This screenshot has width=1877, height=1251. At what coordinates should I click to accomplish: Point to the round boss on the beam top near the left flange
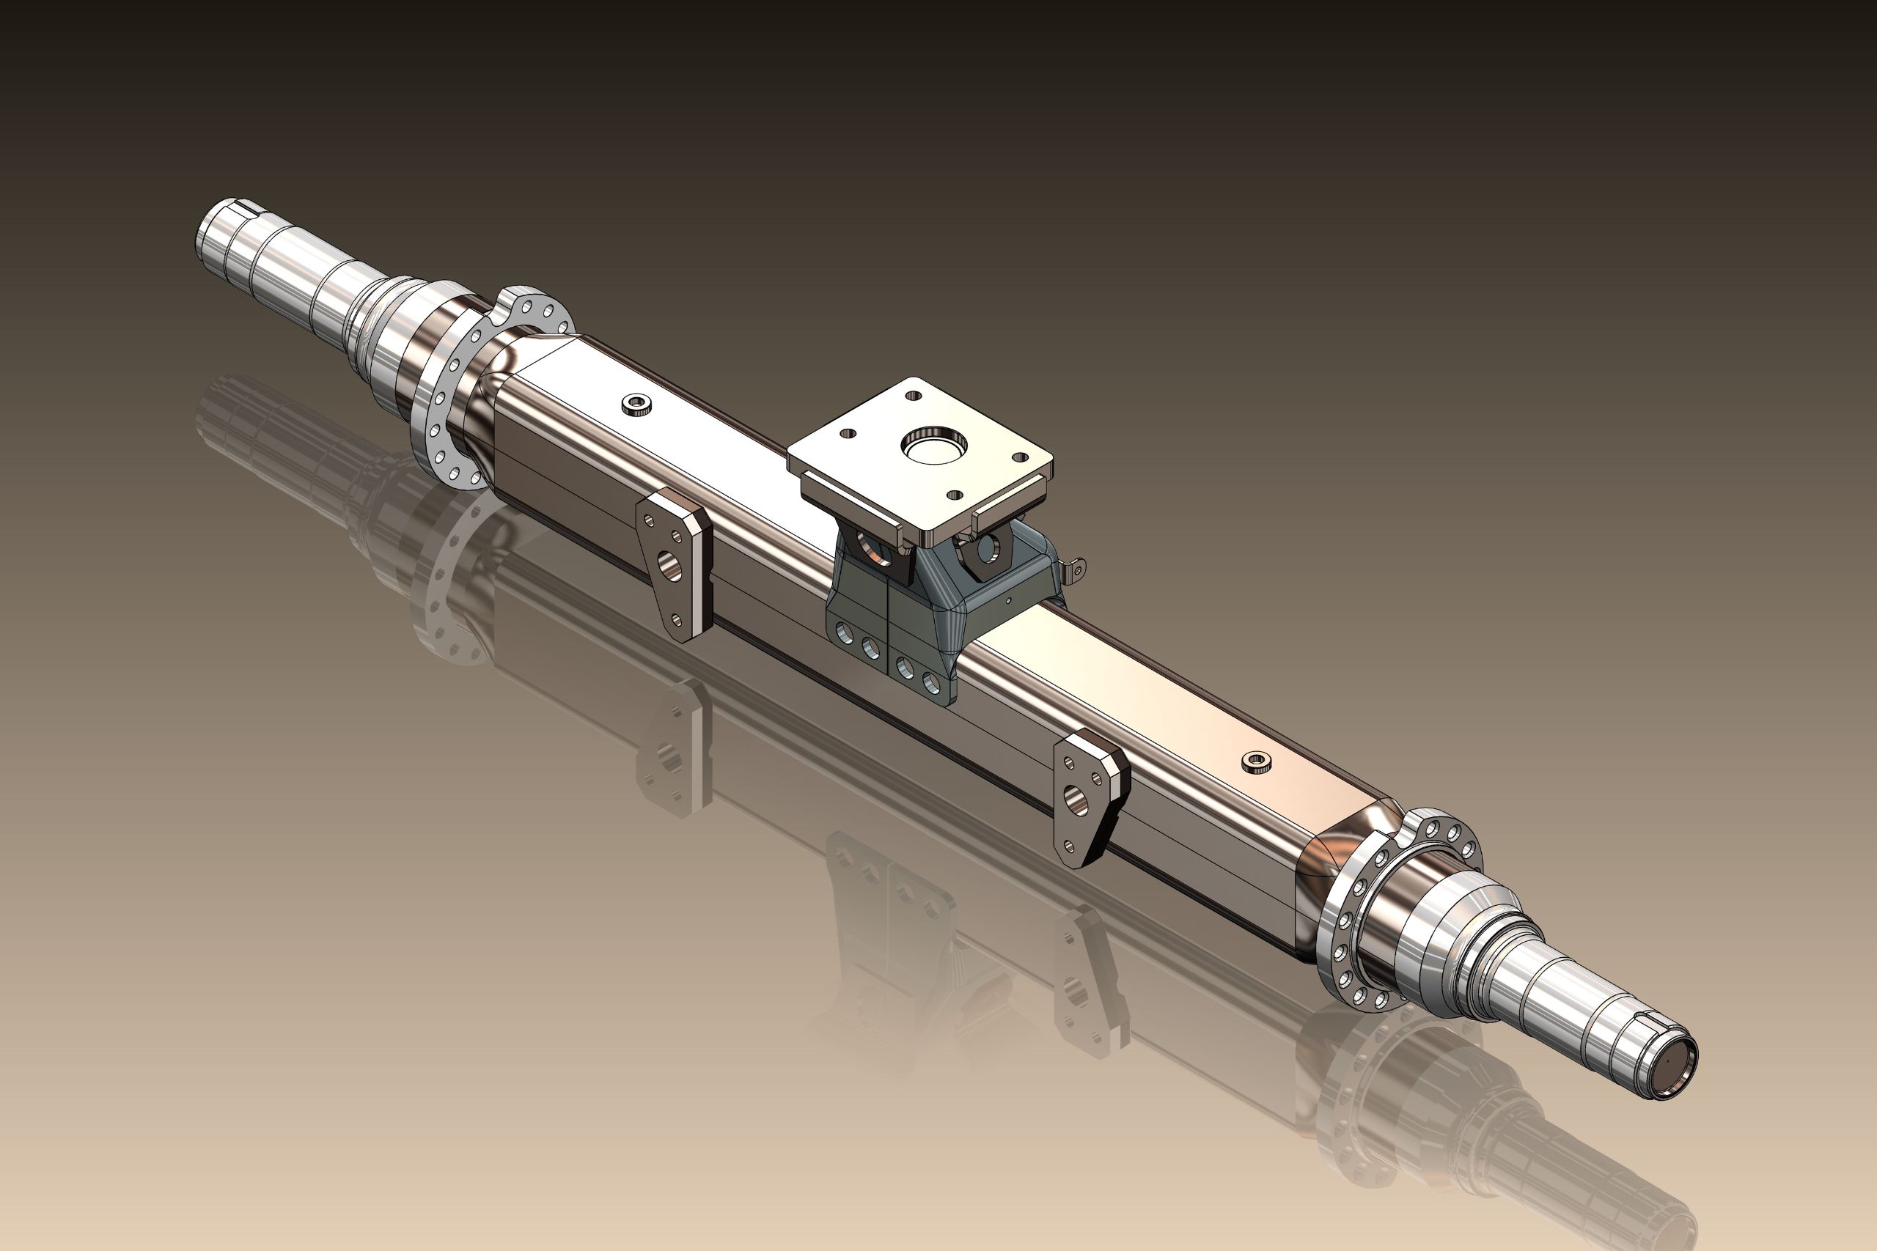tap(635, 405)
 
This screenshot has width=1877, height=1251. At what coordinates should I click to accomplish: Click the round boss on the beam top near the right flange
tap(1256, 764)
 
